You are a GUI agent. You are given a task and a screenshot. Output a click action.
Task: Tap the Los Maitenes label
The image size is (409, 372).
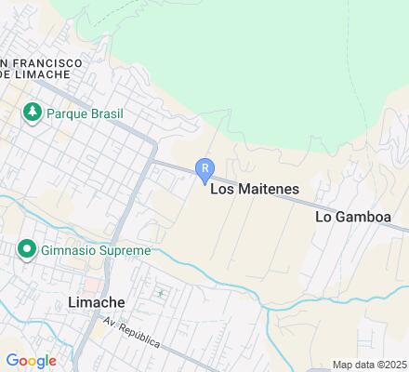[x=255, y=189]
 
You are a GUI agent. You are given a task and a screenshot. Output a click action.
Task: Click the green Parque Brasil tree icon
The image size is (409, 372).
[x=33, y=113]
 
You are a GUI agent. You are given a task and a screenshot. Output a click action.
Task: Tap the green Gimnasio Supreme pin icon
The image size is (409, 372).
[x=25, y=250]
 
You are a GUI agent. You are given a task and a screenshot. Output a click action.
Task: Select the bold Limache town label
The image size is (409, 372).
[x=97, y=303]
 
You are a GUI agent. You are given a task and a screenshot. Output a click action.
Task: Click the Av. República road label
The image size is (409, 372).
[x=131, y=332]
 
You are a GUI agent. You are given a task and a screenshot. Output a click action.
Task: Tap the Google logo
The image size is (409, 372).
[x=31, y=361]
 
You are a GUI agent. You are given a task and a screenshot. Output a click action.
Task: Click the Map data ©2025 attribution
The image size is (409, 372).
[x=370, y=365]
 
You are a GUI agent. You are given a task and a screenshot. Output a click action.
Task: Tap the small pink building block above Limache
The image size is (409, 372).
[x=92, y=283]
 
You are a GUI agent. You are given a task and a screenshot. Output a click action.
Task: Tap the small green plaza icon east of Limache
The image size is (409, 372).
[x=160, y=294]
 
